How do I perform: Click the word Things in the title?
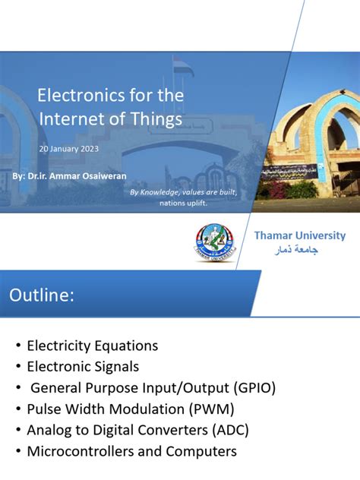[x=159, y=119]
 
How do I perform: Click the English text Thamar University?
[x=299, y=235]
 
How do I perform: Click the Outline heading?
[x=42, y=295]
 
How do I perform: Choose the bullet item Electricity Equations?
[x=92, y=346]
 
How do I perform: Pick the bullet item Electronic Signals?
[x=83, y=367]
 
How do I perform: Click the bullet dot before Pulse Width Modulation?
[x=17, y=409]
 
